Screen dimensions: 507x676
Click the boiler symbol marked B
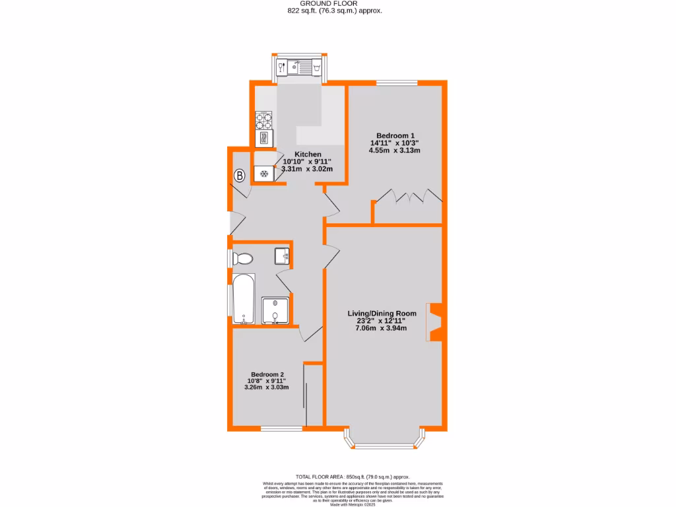coord(240,176)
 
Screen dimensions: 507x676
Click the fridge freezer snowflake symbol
coord(264,174)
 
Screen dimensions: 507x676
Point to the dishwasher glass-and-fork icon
coord(282,67)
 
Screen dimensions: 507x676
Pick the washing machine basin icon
coord(318,67)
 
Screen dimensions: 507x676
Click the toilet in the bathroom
coord(242,259)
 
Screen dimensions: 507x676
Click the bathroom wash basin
coord(283,255)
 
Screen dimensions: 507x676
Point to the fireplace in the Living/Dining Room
coord(435,322)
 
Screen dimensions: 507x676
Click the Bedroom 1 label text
coord(394,134)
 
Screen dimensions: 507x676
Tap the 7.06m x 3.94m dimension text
coord(382,328)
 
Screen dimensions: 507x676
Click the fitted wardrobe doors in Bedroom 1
coord(407,197)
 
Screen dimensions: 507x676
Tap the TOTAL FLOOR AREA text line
coord(353,477)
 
